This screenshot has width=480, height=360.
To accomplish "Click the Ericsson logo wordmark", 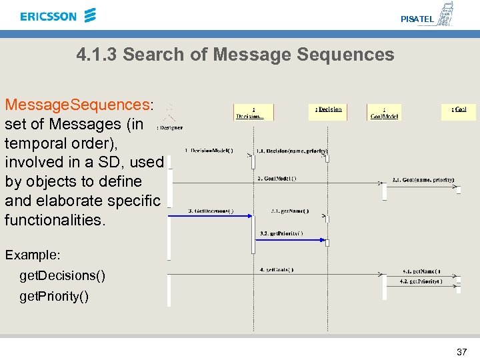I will point(49,16).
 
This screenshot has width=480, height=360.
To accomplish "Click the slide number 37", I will point(461,351).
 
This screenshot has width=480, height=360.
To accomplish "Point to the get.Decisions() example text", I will point(62,275).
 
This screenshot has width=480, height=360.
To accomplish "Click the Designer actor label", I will point(170,127).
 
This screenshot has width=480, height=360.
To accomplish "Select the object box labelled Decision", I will point(328,111).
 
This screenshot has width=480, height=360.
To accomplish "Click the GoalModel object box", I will point(385,112).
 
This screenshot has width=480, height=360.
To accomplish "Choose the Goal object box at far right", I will point(459,111).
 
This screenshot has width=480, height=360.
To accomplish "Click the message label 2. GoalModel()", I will point(277,178).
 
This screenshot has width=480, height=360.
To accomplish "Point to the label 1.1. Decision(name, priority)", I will point(291,151).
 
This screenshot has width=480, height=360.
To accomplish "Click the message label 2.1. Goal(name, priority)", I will point(423,179).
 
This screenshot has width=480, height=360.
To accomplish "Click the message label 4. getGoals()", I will point(276,270).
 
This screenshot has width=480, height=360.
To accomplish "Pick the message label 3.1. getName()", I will point(290,211).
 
